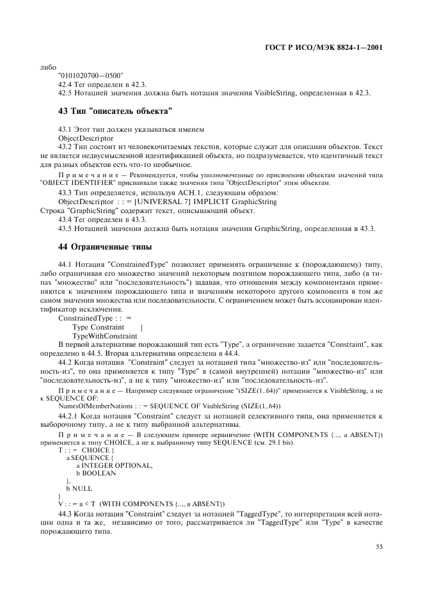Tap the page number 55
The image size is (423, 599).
point(379,547)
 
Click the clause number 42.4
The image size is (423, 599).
point(65,84)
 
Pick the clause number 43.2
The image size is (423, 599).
point(65,147)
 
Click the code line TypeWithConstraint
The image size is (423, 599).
point(104,336)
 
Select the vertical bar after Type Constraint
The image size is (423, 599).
point(141,327)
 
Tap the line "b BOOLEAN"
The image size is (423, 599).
point(96,473)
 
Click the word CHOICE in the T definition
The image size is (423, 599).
point(96,450)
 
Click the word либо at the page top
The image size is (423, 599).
point(47,67)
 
